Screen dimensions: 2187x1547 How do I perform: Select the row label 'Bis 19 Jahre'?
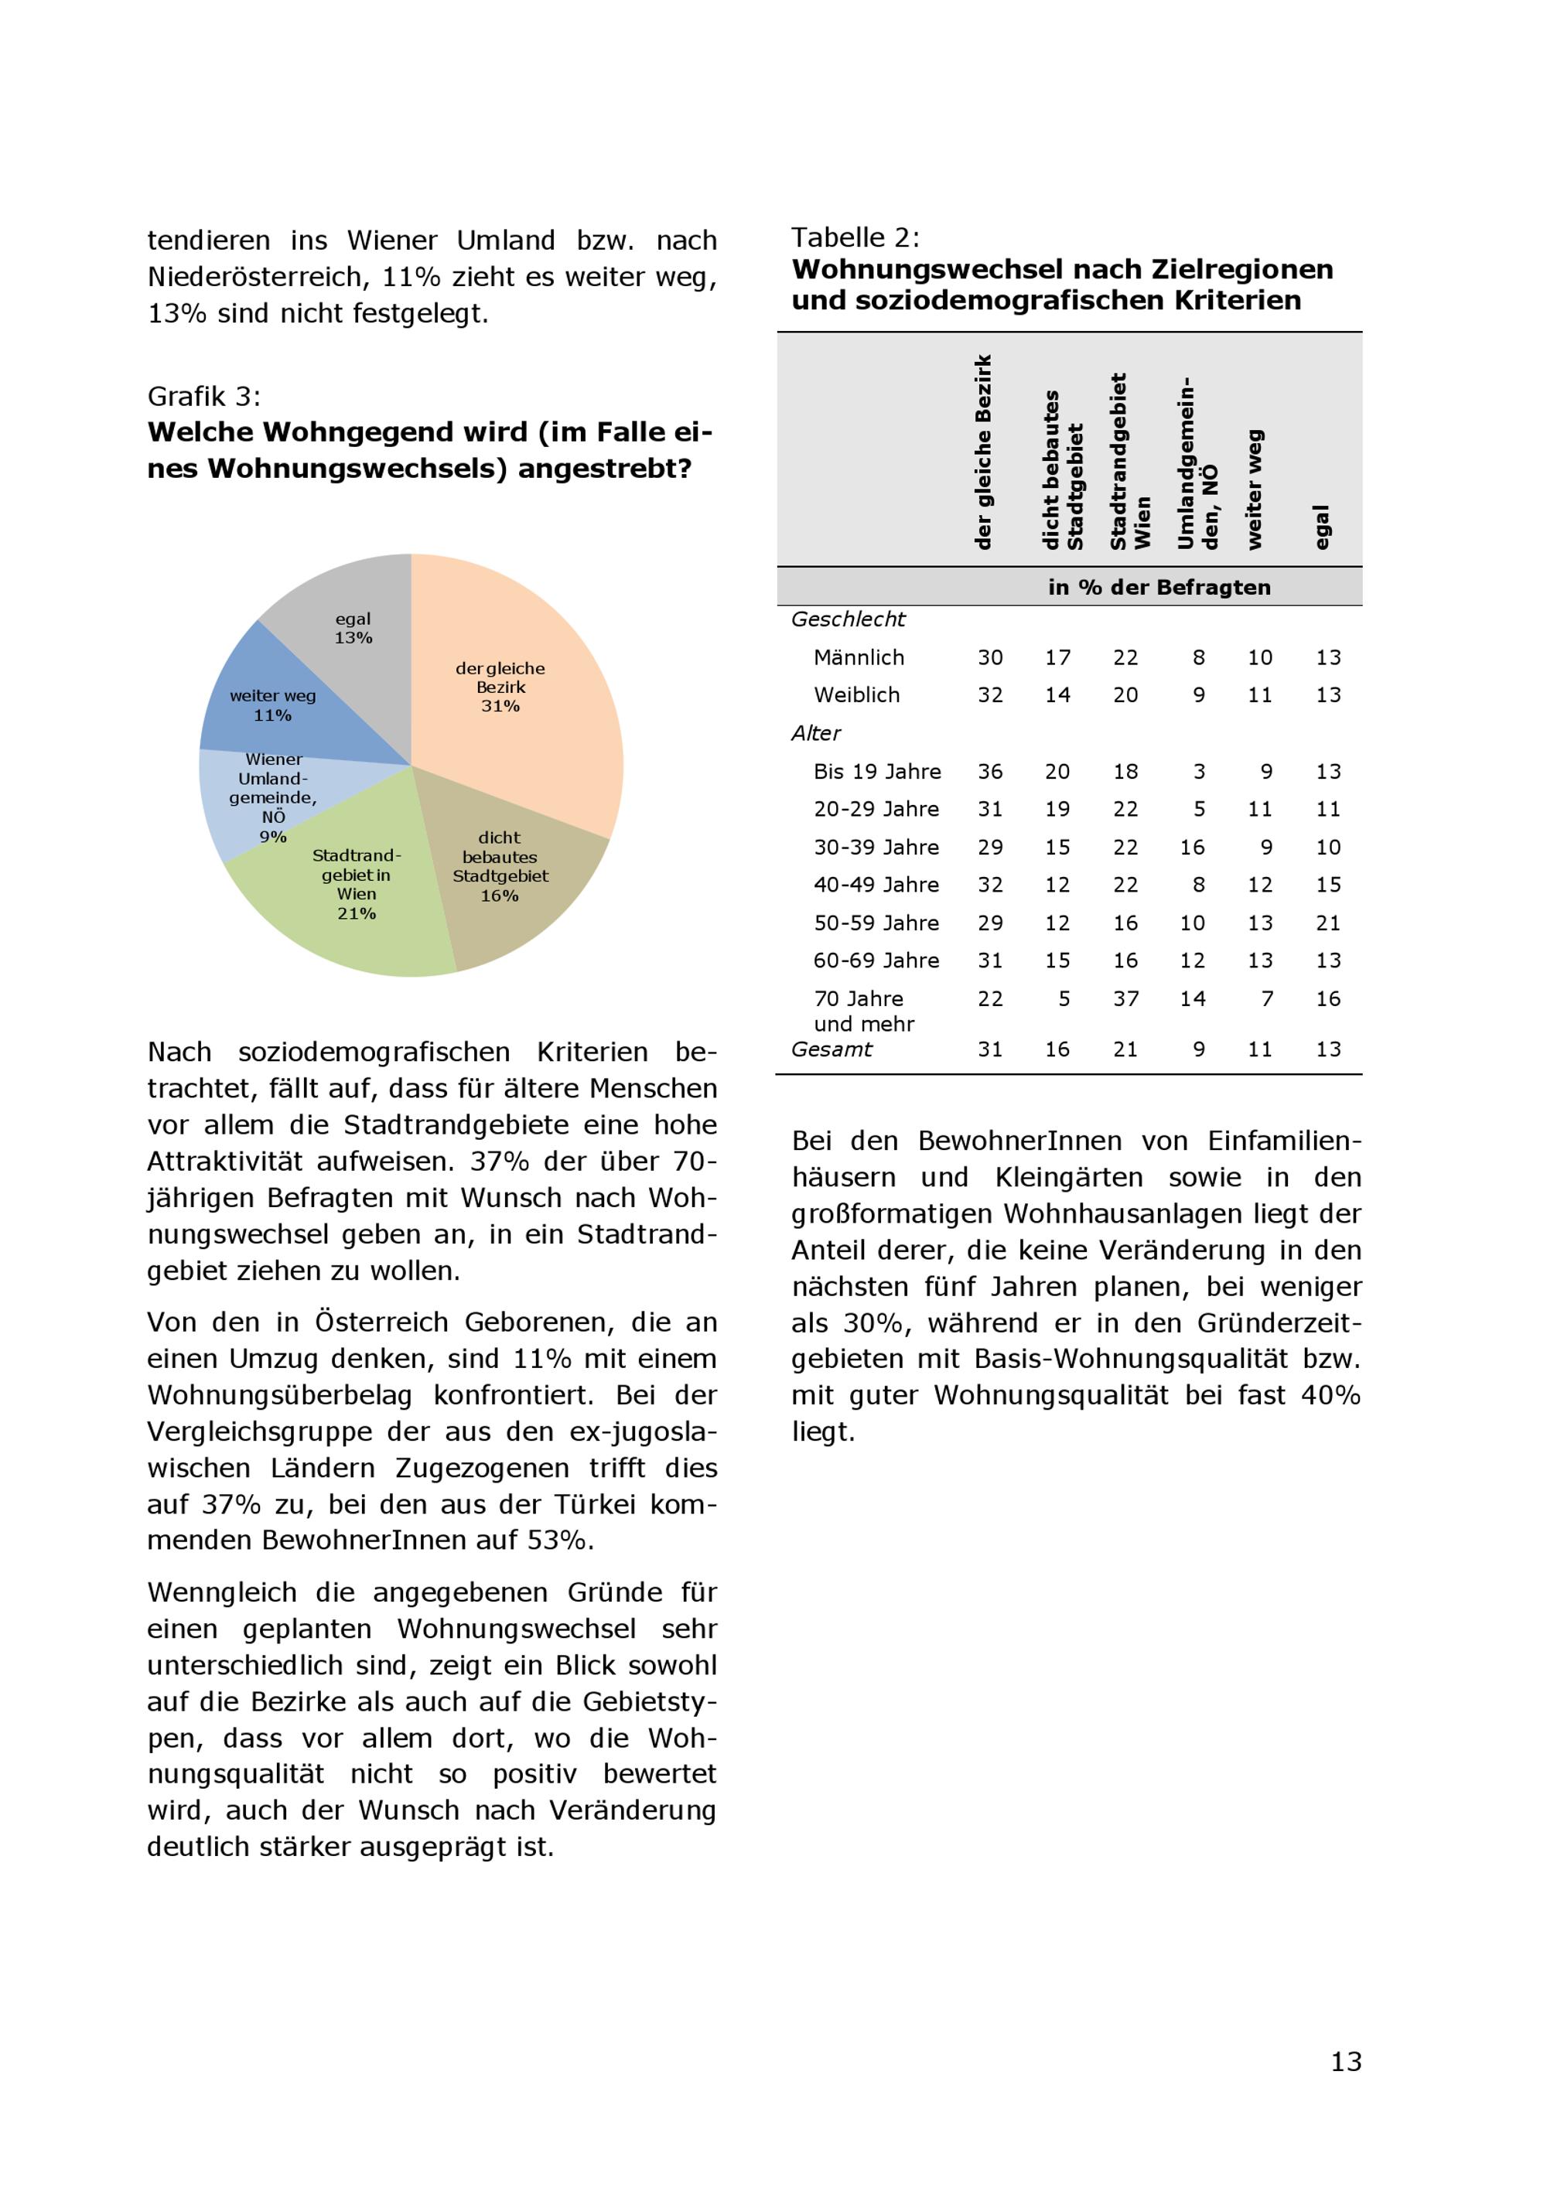coord(876,772)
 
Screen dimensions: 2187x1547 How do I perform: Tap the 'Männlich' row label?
coord(859,657)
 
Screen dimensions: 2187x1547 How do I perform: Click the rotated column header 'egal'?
coord(1321,527)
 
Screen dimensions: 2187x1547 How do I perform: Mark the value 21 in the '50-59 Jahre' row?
coord(1328,923)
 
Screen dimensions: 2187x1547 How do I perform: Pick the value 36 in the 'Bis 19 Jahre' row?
coord(990,772)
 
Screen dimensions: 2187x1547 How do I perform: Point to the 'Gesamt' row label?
coord(832,1049)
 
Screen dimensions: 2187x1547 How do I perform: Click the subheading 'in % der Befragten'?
coord(1159,587)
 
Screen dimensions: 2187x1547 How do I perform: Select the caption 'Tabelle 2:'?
coord(855,237)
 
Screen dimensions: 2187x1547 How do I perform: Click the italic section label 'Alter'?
coord(815,732)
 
